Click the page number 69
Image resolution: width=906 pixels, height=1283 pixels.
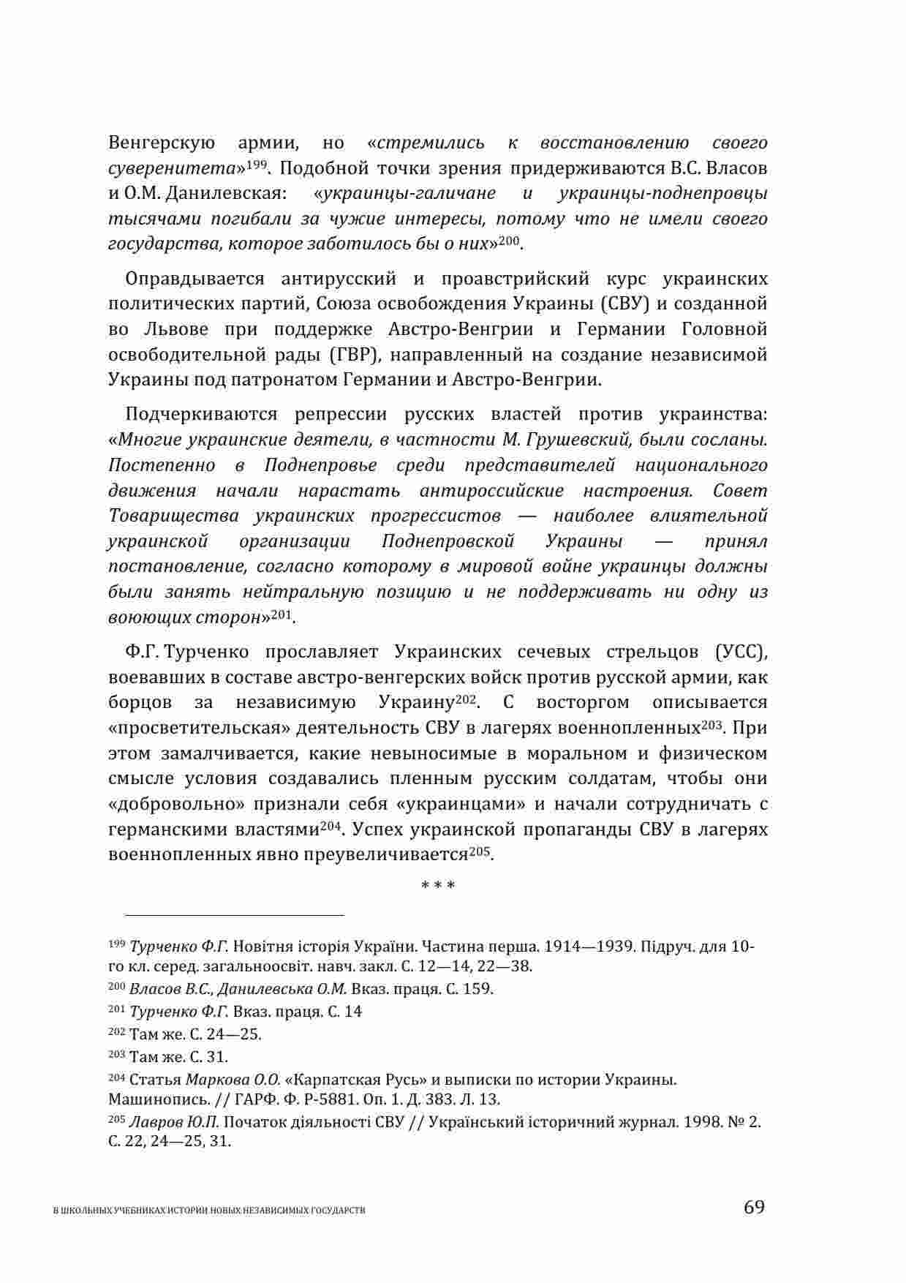click(x=754, y=1206)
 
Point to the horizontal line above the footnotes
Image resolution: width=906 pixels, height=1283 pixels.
click(x=234, y=914)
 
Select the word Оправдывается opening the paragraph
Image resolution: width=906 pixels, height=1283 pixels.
click(x=194, y=279)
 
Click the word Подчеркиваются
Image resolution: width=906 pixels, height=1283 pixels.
click(x=202, y=415)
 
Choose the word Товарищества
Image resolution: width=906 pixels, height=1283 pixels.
click(x=173, y=516)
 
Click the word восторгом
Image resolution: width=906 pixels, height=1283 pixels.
click(x=583, y=703)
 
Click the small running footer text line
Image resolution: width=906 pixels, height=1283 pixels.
click(x=210, y=1211)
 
